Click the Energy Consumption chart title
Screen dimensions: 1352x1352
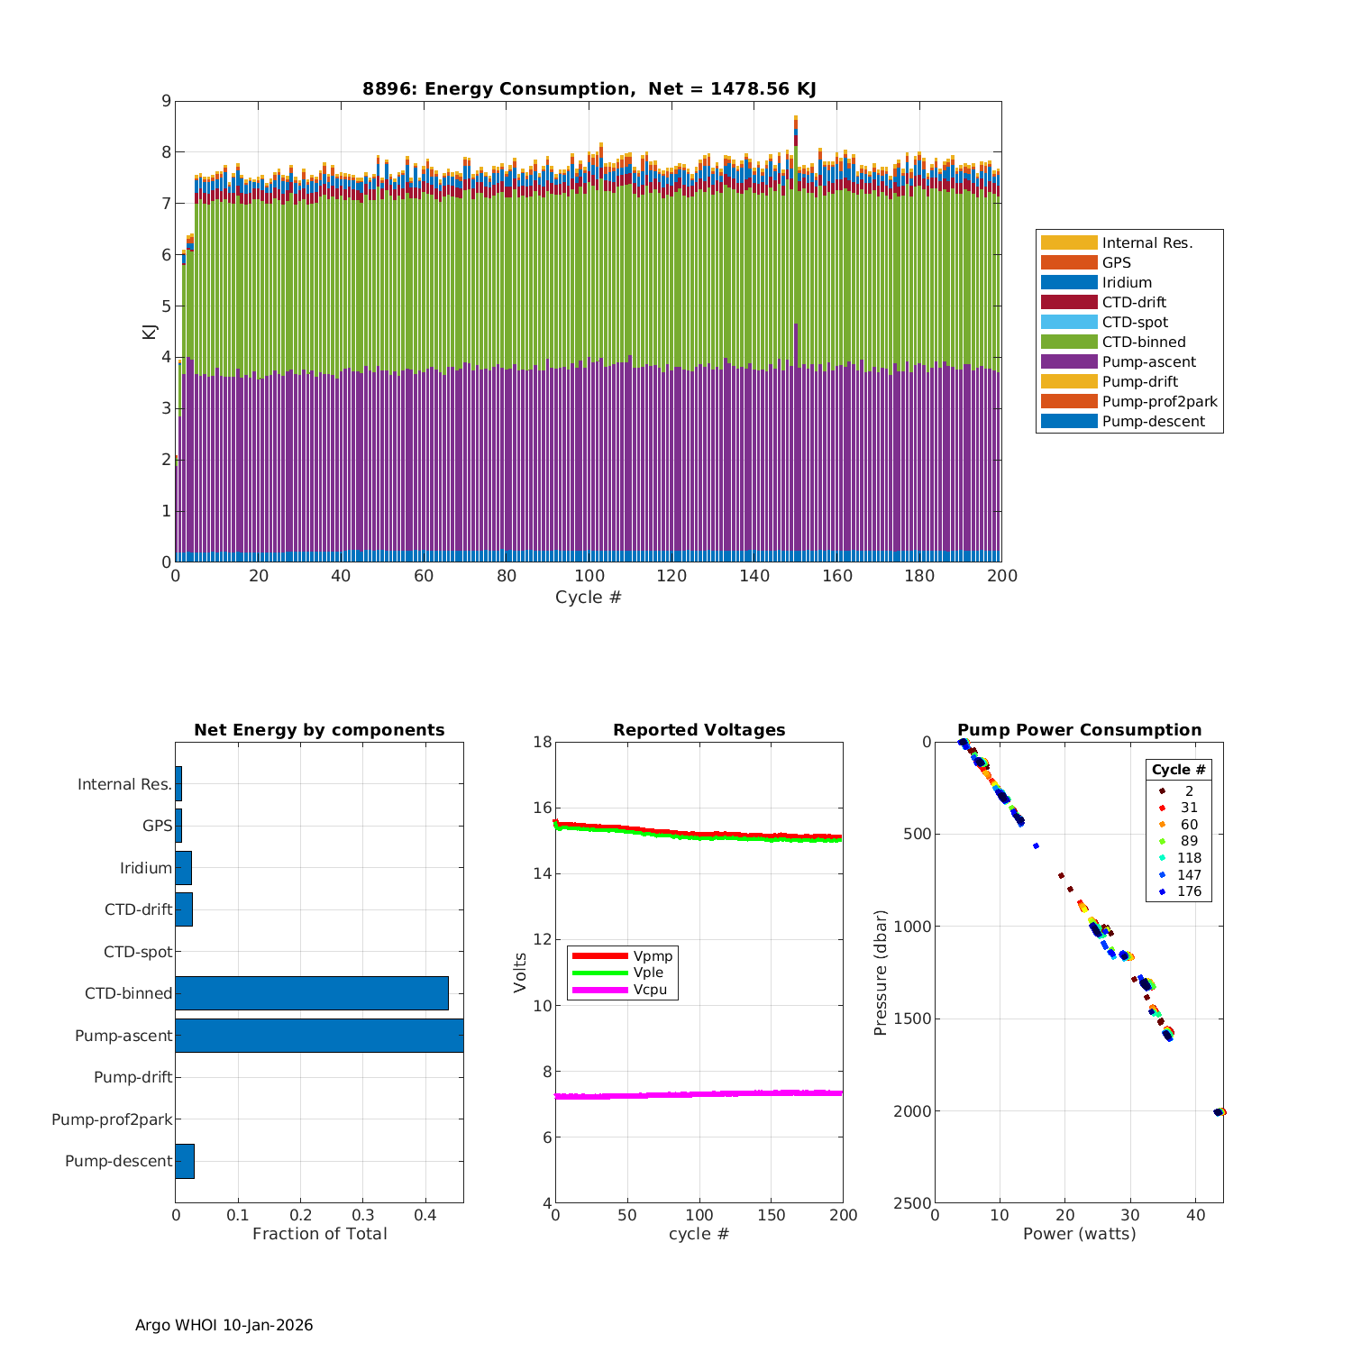pyautogui.click(x=589, y=88)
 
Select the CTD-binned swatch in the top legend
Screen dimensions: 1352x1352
pyautogui.click(x=1069, y=342)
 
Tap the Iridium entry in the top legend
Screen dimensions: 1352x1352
pyautogui.click(x=1127, y=282)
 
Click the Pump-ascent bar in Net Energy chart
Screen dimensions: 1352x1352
pyautogui.click(x=319, y=1036)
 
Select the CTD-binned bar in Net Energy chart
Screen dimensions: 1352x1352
pyautogui.click(x=311, y=993)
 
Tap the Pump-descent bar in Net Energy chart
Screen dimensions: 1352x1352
pyautogui.click(x=185, y=1161)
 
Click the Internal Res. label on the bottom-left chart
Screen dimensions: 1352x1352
pyautogui.click(x=124, y=784)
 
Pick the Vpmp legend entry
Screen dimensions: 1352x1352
pyautogui.click(x=653, y=955)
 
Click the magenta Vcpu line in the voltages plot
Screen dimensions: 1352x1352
pyautogui.click(x=699, y=1094)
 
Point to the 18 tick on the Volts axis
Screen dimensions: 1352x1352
pyautogui.click(x=542, y=742)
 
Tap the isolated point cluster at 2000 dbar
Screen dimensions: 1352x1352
pyautogui.click(x=1220, y=1111)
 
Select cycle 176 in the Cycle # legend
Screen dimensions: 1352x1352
pyautogui.click(x=1189, y=891)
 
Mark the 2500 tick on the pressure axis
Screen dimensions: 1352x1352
pyautogui.click(x=912, y=1203)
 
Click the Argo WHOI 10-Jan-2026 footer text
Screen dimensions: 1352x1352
pyautogui.click(x=224, y=1325)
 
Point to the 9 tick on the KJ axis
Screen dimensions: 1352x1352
pyautogui.click(x=166, y=101)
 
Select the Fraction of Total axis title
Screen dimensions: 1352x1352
pyautogui.click(x=319, y=1233)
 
